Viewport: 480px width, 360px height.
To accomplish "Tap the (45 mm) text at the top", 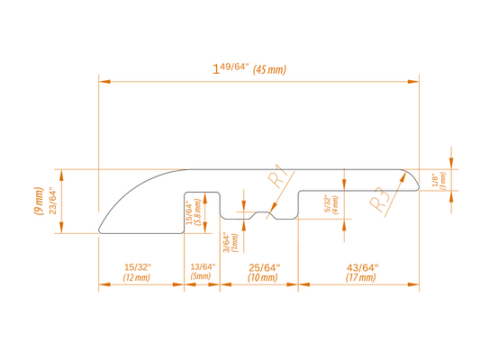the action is (269, 69).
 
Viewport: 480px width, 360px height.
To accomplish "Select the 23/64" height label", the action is (53, 202).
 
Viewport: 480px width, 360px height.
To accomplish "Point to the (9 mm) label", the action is (38, 201).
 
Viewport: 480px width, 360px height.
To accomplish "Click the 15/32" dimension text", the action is (138, 267).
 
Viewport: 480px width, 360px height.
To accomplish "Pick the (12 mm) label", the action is (137, 278).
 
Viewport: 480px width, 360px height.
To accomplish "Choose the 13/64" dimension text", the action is (203, 266).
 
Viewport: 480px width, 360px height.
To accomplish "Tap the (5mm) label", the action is (201, 276).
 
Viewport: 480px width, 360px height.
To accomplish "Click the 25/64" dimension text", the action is (264, 267).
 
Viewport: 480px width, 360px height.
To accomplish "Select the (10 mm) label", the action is (263, 278).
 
